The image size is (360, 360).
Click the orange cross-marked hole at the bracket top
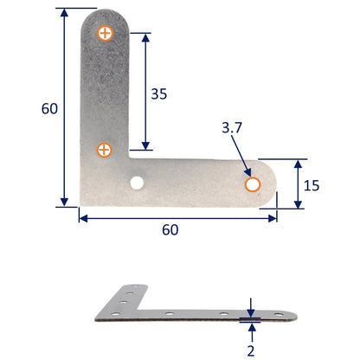105,34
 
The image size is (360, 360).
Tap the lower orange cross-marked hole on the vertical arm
105,150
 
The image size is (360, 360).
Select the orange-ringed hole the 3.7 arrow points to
253,184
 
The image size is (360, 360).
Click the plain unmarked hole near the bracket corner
138,183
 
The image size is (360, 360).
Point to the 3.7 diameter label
232,128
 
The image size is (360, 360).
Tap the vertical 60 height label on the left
51,108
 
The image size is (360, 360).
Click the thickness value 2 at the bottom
251,350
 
